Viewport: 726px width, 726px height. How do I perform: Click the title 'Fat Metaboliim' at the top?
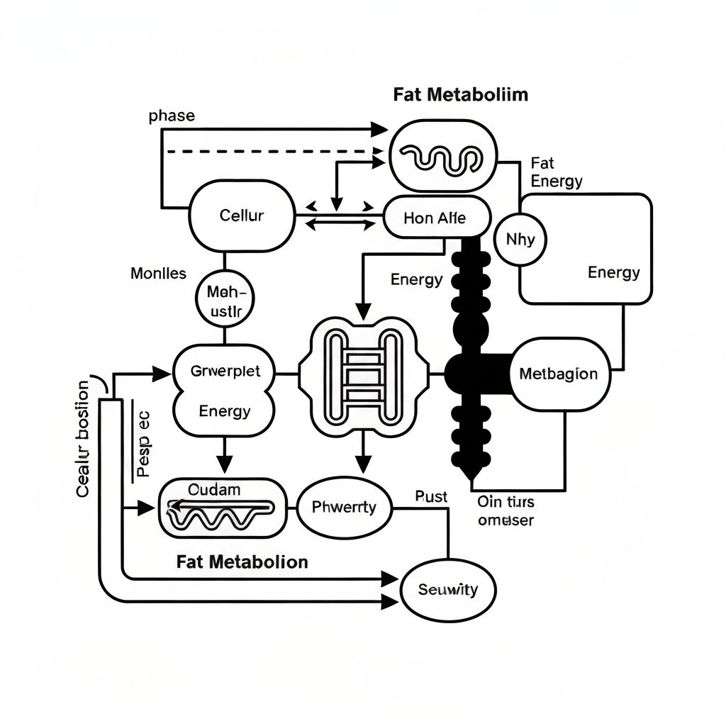(460, 95)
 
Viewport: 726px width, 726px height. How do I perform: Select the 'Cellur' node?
(241, 216)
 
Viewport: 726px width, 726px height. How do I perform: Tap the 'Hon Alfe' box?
(435, 218)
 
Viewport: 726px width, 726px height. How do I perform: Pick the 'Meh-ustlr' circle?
(225, 301)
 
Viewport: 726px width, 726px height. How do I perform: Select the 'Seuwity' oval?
(448, 589)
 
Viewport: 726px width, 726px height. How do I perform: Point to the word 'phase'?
(172, 116)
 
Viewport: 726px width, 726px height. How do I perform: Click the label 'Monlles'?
(159, 273)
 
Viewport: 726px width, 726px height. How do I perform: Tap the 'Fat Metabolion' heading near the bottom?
(242, 562)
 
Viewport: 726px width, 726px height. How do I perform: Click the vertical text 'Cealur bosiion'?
(83, 439)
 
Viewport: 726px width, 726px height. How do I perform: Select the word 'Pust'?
(431, 497)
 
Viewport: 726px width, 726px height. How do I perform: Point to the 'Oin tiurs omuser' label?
(506, 511)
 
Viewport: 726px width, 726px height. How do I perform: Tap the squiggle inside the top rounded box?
(440, 158)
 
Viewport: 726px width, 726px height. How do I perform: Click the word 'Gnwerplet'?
(225, 371)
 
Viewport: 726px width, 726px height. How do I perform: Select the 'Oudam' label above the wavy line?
(214, 489)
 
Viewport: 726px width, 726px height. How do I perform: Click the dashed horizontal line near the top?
(277, 151)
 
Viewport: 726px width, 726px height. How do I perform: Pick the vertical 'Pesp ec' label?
(143, 442)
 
